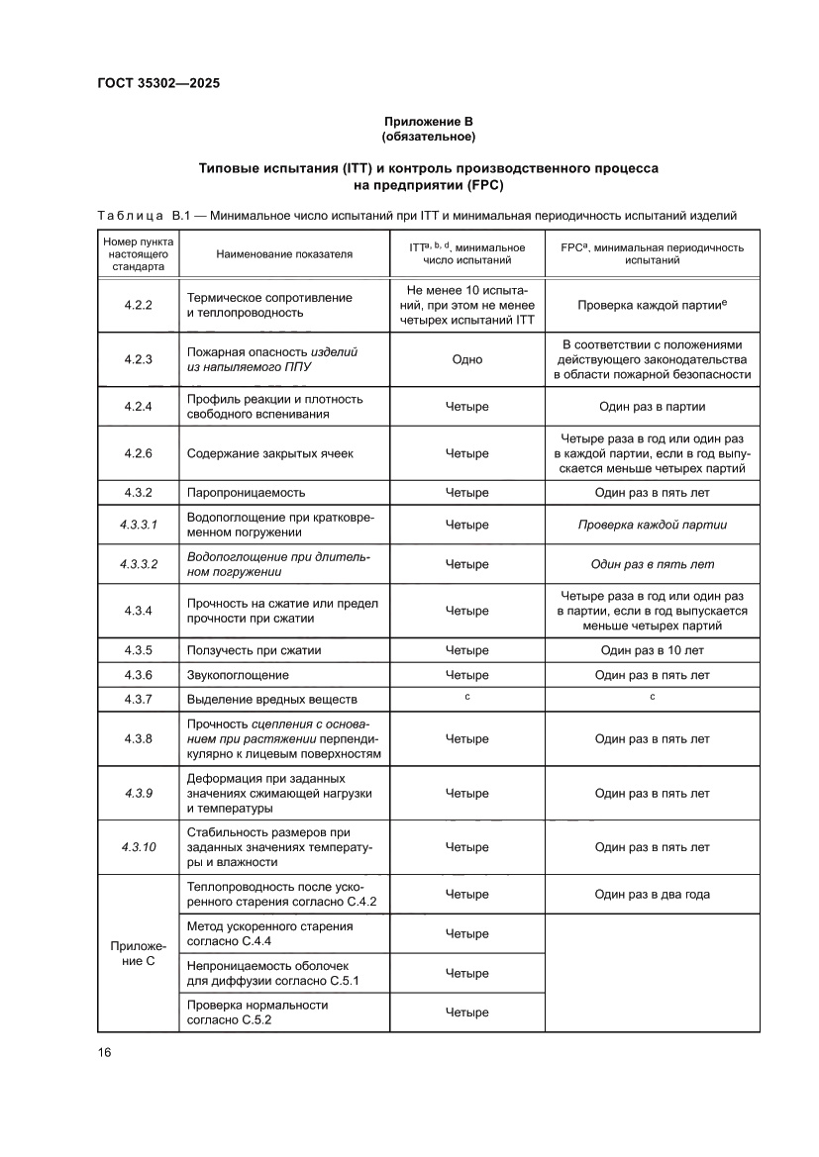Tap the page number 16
(x=104, y=1051)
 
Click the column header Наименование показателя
(x=284, y=254)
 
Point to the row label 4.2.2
(x=138, y=305)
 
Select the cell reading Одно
(x=466, y=359)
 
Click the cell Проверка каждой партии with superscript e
(x=653, y=305)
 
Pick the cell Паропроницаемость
(x=246, y=492)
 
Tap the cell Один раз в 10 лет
(x=653, y=650)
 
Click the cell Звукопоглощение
(x=238, y=675)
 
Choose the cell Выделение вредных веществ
(x=270, y=699)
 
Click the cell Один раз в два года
(x=653, y=894)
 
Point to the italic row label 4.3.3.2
(x=138, y=564)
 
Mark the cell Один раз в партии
(x=653, y=407)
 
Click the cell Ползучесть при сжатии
(x=254, y=650)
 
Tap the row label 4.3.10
(x=138, y=847)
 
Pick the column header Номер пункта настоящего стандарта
(x=138, y=254)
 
